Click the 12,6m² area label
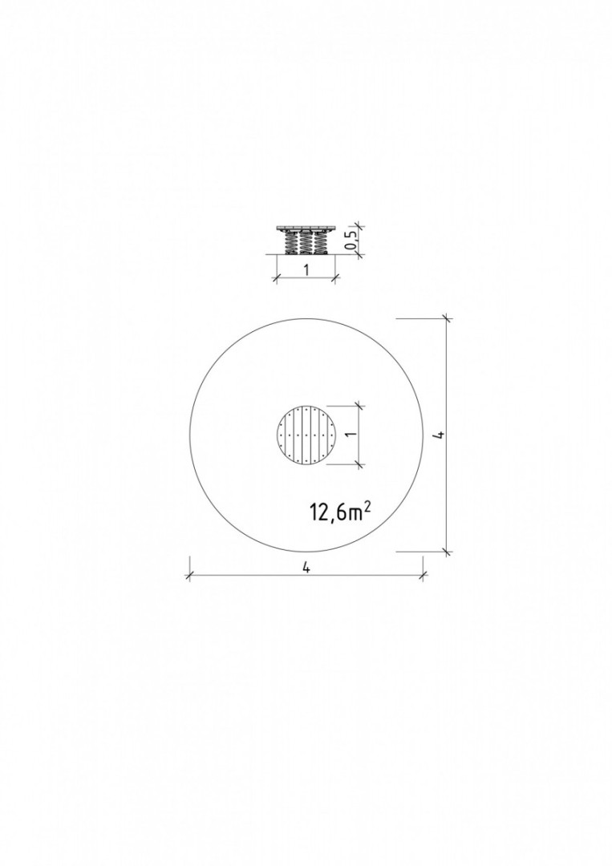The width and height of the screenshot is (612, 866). pos(340,512)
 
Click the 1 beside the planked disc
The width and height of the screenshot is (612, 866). pos(349,435)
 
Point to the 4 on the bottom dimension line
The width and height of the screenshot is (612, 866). pos(306,568)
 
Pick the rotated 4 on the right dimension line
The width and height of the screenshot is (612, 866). pos(440,435)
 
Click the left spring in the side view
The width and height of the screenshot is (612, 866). pos(290,243)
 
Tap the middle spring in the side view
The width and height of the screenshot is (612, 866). pos(306,243)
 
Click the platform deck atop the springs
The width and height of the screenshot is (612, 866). pos(306,229)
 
